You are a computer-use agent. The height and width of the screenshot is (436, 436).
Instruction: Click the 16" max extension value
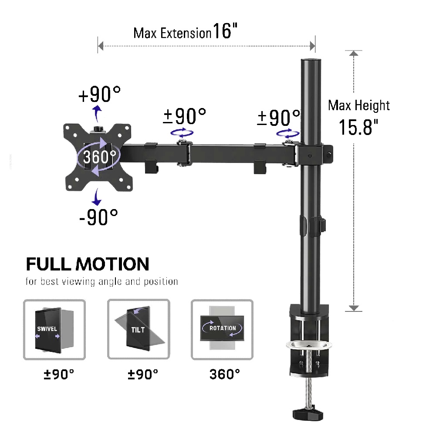(225, 31)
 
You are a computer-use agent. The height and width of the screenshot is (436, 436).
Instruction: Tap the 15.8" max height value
(358, 127)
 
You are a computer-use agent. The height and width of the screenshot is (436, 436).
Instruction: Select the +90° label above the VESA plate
(100, 94)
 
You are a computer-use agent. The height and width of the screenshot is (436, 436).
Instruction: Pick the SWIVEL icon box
(54, 329)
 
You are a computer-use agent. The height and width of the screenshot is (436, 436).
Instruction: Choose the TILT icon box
(139, 329)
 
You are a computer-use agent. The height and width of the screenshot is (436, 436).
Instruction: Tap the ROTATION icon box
(222, 329)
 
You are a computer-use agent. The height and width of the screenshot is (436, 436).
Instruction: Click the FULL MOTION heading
(88, 264)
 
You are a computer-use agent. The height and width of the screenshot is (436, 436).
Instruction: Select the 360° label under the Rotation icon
(225, 374)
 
